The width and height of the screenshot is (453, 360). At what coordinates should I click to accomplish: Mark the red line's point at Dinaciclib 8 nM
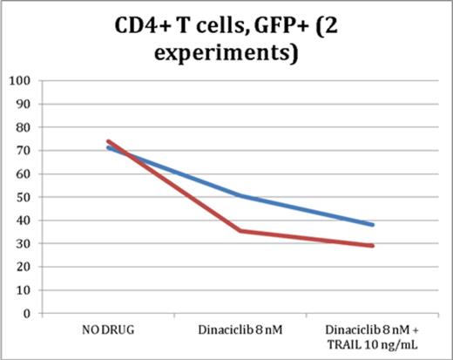coord(240,231)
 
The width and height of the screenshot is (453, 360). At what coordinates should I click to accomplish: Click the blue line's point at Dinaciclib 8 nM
coord(240,196)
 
